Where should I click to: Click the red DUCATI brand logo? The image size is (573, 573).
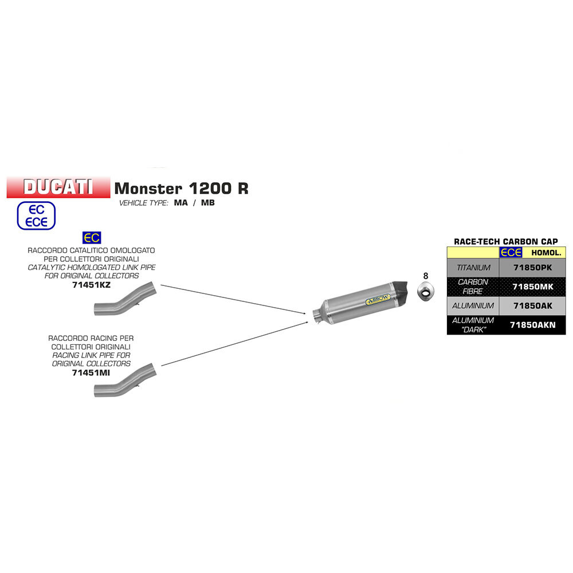point(58,187)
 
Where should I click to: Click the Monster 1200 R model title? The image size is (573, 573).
point(182,188)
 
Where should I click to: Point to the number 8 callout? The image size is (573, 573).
point(425,276)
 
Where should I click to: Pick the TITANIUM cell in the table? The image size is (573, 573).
point(473,268)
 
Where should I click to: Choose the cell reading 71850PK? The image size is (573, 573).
point(532,268)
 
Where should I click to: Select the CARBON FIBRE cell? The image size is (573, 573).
point(473,286)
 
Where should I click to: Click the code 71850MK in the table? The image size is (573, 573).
point(532,286)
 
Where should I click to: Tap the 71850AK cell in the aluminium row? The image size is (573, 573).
point(532,305)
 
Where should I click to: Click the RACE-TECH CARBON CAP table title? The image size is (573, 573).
point(505,241)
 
